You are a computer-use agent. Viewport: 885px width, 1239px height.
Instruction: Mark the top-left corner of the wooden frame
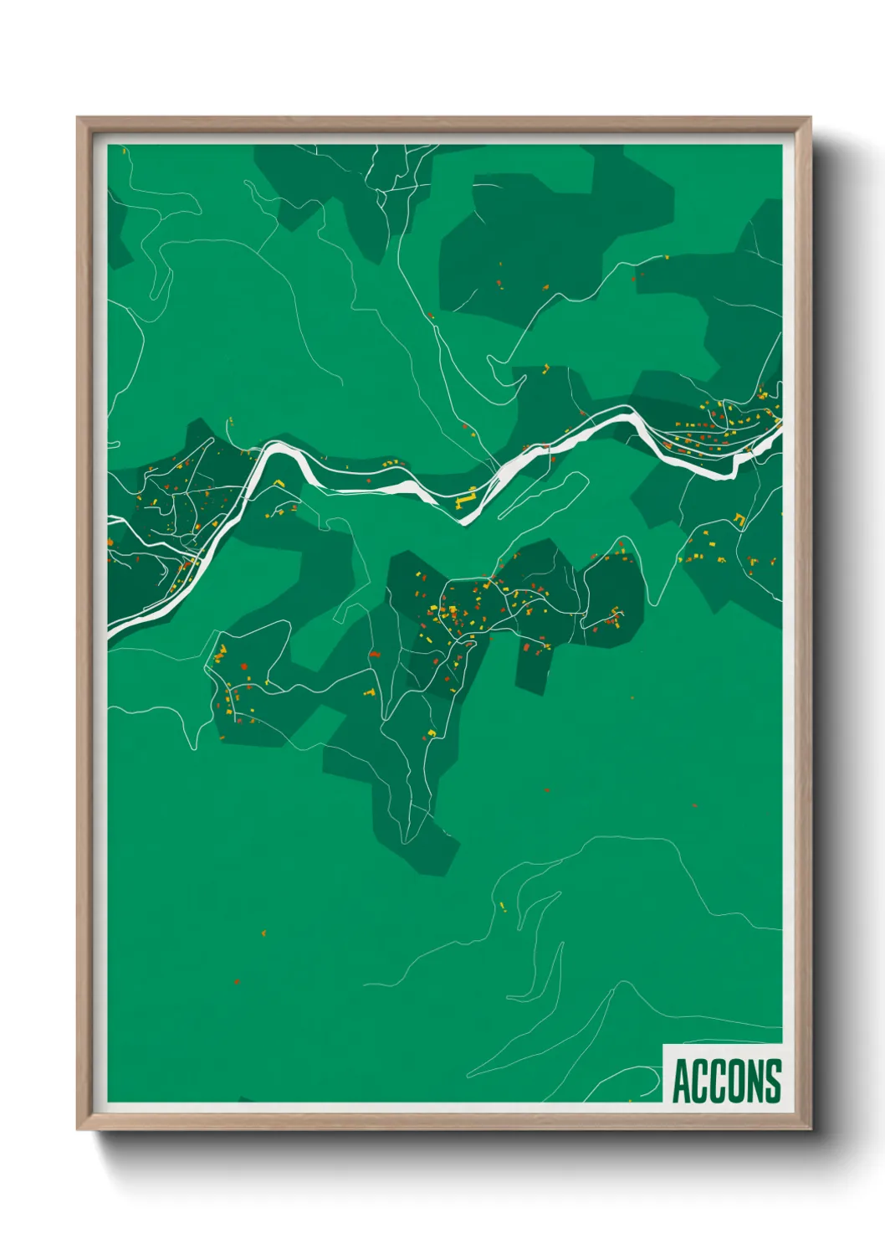pos(78,118)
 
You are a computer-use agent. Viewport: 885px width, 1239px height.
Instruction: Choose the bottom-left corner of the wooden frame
pos(78,1129)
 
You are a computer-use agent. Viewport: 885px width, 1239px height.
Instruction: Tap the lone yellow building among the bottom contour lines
pos(503,907)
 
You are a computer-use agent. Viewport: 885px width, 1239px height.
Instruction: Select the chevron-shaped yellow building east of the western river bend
pos(279,483)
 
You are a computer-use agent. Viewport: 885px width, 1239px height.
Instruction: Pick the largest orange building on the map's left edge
pos(110,542)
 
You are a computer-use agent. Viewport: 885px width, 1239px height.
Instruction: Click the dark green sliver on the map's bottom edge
pos(245,1098)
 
